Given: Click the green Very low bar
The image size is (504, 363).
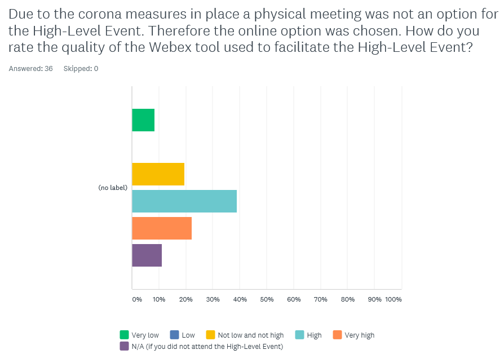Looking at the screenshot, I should point(143,120).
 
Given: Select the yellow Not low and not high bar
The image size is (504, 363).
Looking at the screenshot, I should point(158,174).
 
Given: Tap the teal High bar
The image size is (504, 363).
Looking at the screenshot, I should point(184,201).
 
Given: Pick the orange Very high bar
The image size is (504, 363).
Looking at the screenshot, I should point(162,228).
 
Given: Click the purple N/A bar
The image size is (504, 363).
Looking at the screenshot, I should point(147,255).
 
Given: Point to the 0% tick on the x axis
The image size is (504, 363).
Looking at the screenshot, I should point(137,299).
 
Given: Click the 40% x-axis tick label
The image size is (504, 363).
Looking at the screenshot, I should point(240,299).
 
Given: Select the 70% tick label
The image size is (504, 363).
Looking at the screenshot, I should point(320,299).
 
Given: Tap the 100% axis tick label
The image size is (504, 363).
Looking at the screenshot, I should point(393,299).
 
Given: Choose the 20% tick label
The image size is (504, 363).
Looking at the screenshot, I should point(185,299).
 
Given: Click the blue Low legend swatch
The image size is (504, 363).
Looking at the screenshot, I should point(174,335).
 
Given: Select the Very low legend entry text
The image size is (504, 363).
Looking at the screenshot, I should point(145,335).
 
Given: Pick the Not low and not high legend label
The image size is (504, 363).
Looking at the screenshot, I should point(251,335).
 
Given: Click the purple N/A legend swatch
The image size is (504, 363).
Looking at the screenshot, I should point(124,346).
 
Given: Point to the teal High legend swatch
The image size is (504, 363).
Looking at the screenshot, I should point(299,335).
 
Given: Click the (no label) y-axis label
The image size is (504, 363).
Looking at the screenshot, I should point(113,188).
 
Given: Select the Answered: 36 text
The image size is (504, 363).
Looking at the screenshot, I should point(30,69).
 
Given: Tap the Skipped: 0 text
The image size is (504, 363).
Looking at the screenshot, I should point(81,69).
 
